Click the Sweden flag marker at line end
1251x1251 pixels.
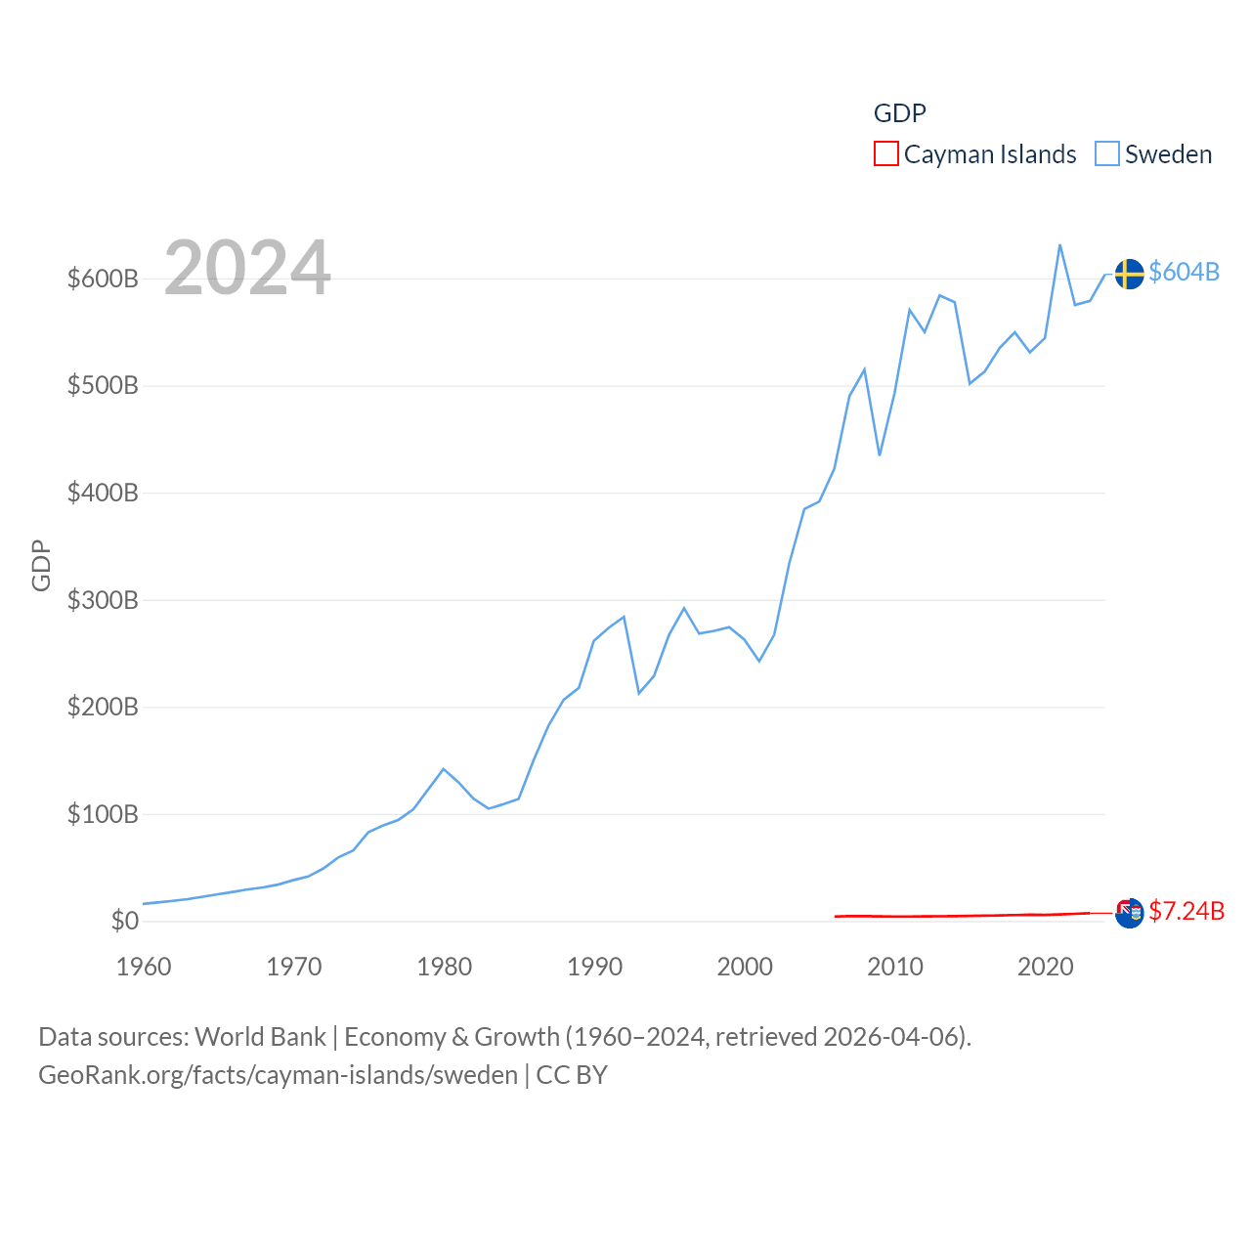point(1129,274)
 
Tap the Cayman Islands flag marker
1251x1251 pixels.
point(1129,913)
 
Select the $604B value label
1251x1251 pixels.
point(1184,272)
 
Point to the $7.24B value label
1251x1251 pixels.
point(1186,911)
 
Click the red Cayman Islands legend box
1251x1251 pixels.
point(885,153)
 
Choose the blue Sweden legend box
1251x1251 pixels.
point(1106,153)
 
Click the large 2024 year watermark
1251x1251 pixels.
point(247,268)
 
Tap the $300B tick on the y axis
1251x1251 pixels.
point(103,600)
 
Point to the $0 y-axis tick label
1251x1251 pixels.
point(125,921)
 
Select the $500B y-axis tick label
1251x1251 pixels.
point(103,385)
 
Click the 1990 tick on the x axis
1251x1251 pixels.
point(594,967)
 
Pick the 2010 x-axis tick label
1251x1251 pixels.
point(895,967)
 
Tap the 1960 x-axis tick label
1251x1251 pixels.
point(144,967)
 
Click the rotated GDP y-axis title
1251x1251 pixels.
point(41,565)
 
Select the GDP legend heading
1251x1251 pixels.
point(899,113)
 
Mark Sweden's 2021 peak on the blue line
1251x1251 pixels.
point(1059,245)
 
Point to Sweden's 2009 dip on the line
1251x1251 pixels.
point(880,454)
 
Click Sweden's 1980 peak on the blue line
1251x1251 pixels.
point(444,769)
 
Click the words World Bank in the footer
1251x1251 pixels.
point(260,1036)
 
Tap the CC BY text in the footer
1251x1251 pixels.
point(572,1075)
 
